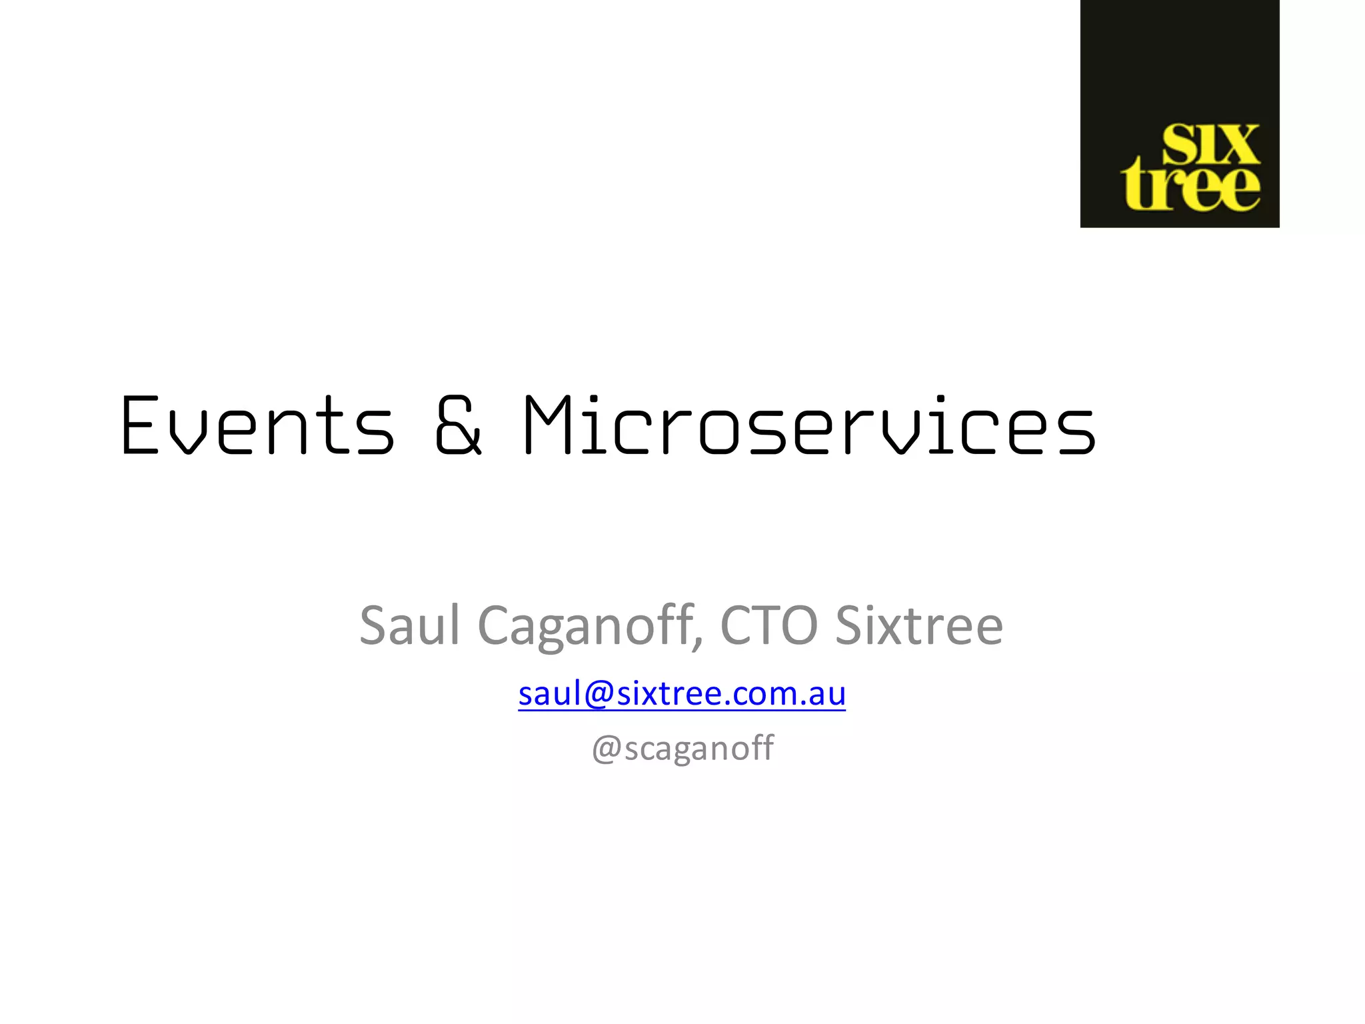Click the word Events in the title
coord(257,426)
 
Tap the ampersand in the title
coord(458,426)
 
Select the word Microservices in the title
coord(809,426)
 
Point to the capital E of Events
coord(140,426)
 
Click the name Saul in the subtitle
coord(409,625)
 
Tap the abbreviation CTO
coord(768,625)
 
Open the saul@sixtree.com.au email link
coord(682,693)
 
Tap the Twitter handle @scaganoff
coord(682,747)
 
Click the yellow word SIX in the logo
coord(1210,144)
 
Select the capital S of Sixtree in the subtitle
coord(848,625)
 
